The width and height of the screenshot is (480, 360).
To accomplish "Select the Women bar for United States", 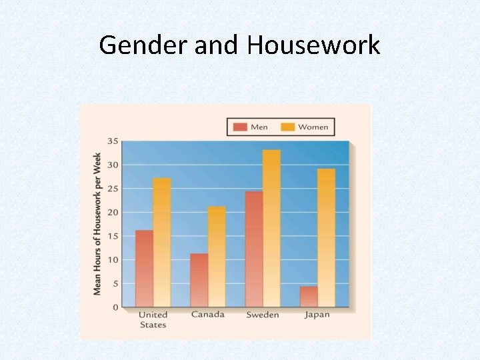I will (162, 243).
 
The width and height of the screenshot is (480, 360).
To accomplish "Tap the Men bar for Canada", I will (199, 280).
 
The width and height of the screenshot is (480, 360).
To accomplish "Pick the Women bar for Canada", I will (217, 257).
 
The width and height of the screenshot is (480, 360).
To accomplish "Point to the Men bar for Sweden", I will (253, 249).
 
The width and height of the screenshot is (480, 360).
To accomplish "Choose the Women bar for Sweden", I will (271, 228).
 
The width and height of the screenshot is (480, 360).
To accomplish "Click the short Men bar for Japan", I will (309, 297).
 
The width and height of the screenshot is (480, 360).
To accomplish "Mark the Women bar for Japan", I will (326, 237).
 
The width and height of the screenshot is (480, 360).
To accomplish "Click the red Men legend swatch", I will (240, 127).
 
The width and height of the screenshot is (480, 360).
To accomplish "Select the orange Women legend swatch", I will (288, 127).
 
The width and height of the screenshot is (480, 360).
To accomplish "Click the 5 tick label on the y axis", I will (115, 283).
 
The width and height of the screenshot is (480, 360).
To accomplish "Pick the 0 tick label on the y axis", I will (115, 307).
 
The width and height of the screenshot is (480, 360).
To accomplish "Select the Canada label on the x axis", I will (207, 315).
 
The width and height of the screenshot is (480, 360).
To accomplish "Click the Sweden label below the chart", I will (262, 315).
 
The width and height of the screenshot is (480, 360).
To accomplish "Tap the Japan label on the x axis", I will (317, 315).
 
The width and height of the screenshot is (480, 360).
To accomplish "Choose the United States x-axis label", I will (153, 319).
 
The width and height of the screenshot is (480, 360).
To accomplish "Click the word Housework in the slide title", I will (313, 45).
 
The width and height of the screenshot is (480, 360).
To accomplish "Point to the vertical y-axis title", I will (97, 224).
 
